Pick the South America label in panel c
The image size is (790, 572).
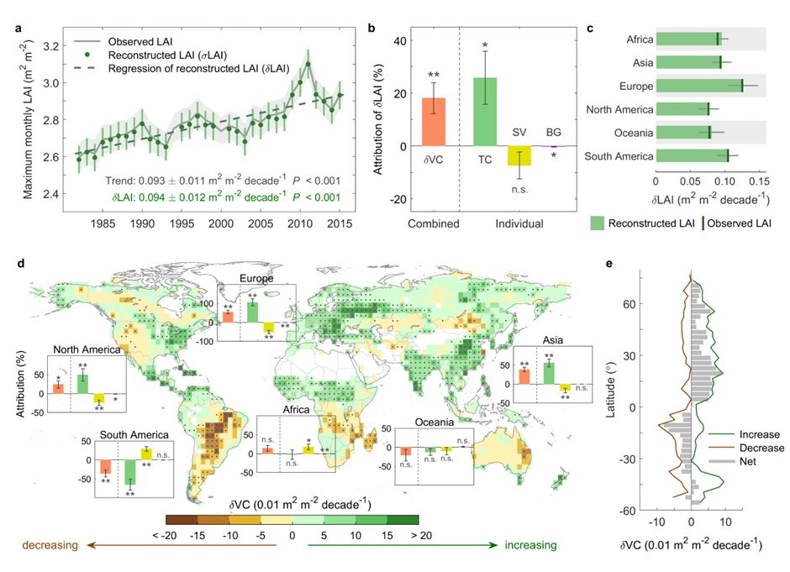(x=619, y=156)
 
